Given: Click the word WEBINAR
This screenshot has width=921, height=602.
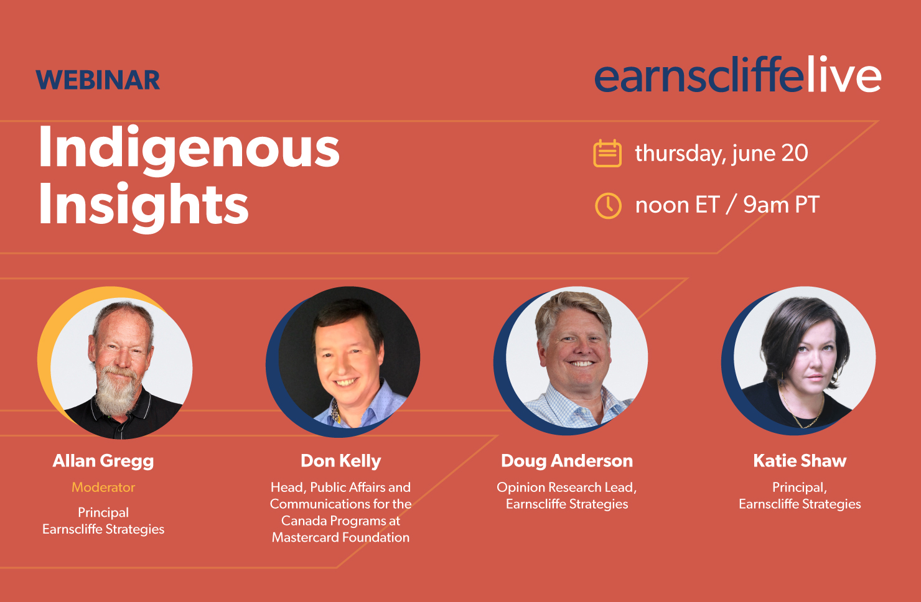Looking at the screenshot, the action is (x=98, y=80).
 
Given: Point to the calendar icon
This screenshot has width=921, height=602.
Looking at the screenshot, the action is (x=607, y=153).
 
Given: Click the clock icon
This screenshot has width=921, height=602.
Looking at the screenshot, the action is (x=608, y=205).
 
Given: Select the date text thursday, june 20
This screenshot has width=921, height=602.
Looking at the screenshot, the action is (x=722, y=153).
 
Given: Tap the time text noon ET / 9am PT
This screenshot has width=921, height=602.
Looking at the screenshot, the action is (x=727, y=205).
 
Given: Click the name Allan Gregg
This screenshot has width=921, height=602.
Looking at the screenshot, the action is (x=103, y=461).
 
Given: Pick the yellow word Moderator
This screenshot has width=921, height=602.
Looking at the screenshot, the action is (x=103, y=488).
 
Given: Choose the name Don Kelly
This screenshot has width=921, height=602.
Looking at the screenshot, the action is (x=341, y=461).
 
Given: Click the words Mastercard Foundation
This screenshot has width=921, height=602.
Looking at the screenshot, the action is (x=340, y=537).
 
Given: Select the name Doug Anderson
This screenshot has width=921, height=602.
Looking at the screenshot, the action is (x=567, y=461).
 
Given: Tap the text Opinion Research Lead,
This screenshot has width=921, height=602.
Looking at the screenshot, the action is (x=566, y=488).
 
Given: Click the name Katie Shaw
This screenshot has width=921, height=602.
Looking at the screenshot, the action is (x=800, y=461).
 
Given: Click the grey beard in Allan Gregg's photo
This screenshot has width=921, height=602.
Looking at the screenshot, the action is (x=116, y=391).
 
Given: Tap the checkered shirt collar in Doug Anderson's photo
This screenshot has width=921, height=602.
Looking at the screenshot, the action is (x=576, y=406).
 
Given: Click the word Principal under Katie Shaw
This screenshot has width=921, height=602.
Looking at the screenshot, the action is (x=799, y=488).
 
